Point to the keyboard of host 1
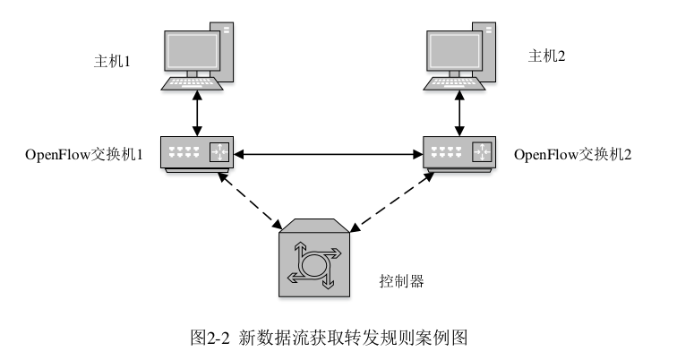[x=190, y=85]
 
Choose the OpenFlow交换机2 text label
[x=574, y=154]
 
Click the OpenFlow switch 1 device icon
[x=195, y=154]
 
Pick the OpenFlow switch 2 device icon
[x=458, y=154]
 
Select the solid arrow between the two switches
[x=327, y=154]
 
